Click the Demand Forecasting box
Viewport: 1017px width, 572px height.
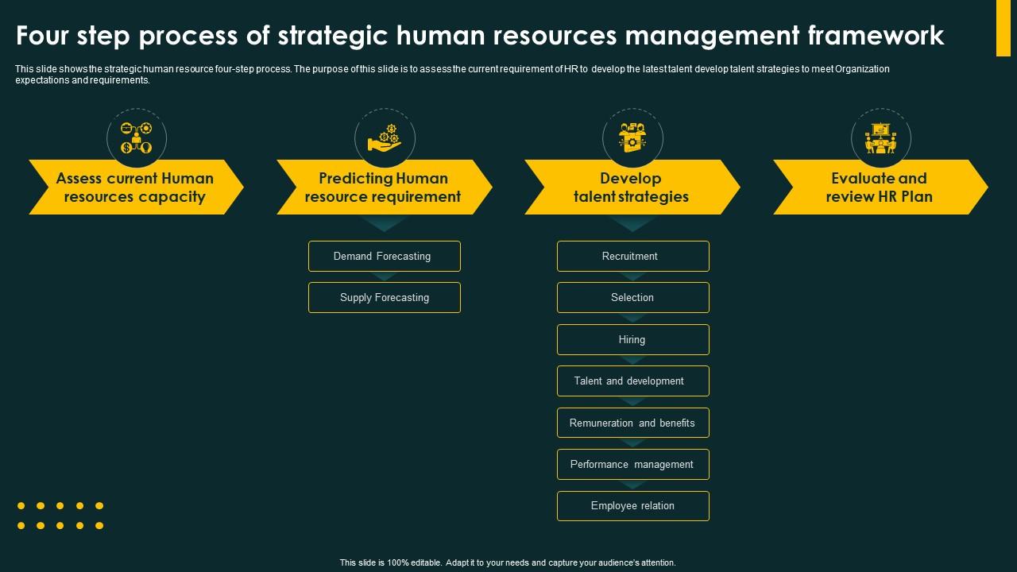(385, 257)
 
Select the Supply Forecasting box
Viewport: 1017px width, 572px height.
(385, 298)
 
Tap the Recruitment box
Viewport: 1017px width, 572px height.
(632, 257)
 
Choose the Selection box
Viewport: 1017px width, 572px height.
(632, 298)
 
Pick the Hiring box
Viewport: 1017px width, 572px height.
(632, 340)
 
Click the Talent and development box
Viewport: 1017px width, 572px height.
(632, 381)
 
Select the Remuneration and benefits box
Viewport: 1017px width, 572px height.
(632, 423)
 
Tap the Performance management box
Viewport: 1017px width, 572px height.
(632, 465)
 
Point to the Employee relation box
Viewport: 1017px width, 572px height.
(632, 506)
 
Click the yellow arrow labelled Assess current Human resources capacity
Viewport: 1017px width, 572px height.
(135, 187)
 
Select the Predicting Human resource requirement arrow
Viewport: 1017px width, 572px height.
(383, 187)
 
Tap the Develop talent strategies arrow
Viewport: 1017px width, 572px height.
(632, 187)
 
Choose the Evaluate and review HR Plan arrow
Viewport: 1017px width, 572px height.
(880, 187)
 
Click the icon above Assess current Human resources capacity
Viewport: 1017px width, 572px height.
(136, 138)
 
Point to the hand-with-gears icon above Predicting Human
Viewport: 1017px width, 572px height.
(385, 138)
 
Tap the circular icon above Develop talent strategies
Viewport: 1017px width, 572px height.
(632, 138)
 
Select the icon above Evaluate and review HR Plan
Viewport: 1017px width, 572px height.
(880, 138)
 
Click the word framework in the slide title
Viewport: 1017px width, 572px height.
(876, 36)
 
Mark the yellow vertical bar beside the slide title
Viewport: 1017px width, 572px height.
(1003, 29)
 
